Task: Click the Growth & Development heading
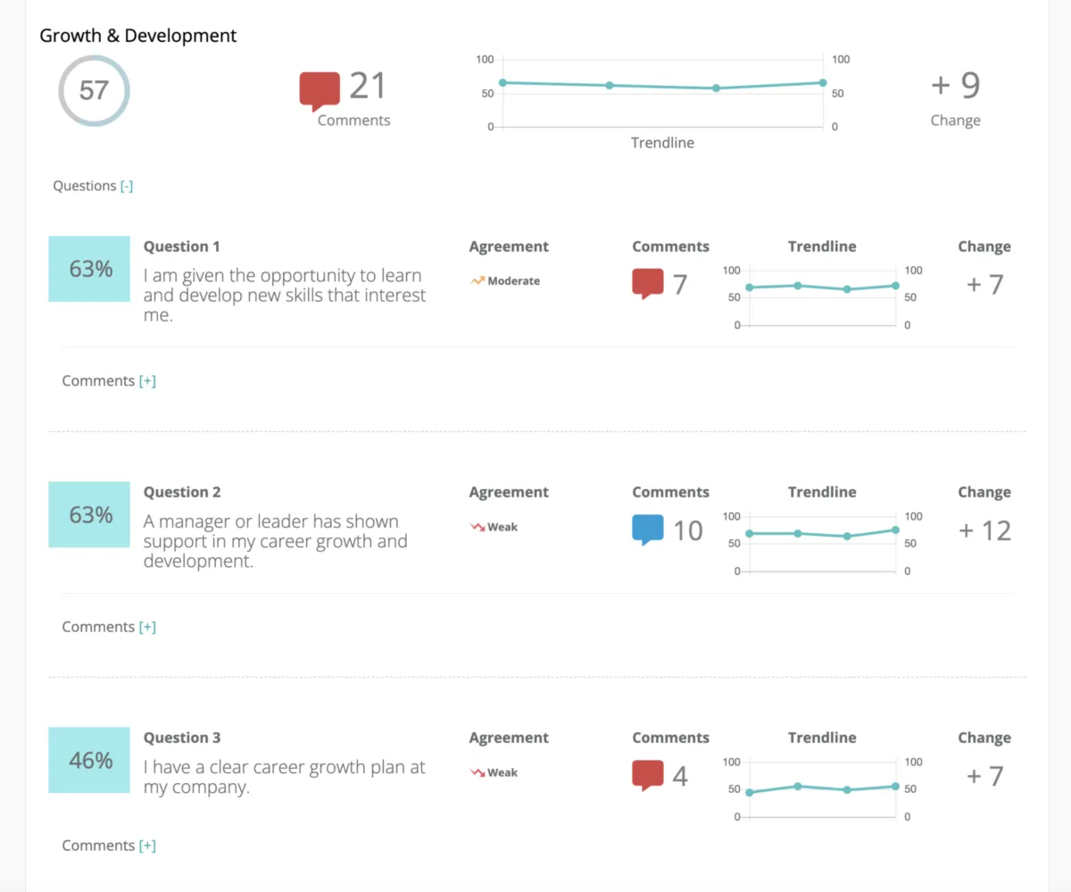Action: [138, 36]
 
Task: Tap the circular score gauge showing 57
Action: [94, 90]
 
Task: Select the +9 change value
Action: [955, 86]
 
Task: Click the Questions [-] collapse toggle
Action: [127, 186]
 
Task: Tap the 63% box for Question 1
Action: [89, 269]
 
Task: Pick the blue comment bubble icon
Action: [648, 529]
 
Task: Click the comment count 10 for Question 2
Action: [687, 530]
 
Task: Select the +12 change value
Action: [984, 530]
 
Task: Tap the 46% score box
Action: [89, 760]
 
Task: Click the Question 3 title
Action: [182, 738]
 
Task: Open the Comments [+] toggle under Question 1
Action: [147, 380]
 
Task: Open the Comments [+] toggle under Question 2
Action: [147, 627]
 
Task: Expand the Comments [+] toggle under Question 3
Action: [147, 846]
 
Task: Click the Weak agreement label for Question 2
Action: [502, 527]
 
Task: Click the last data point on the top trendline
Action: [823, 83]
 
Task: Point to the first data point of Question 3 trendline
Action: [749, 793]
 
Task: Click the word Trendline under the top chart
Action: [662, 143]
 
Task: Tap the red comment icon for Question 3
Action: [648, 775]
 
